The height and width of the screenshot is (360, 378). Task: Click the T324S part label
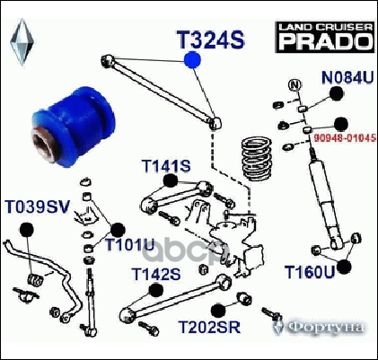coord(211,40)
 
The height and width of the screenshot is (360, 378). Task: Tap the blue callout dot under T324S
coord(192,60)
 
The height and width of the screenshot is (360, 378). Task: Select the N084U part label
coord(347,78)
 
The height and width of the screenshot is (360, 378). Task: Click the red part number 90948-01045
coord(345,137)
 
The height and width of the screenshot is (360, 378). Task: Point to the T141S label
coord(166,166)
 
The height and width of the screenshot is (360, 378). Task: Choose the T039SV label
coord(38,206)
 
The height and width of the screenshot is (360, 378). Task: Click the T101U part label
coord(130,245)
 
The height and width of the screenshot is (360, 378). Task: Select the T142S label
coord(156,274)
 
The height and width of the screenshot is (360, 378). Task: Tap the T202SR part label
coord(209,327)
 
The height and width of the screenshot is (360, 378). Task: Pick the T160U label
coord(310,272)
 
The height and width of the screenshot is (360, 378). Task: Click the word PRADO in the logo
coord(326,41)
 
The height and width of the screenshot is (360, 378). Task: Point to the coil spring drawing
coord(256,158)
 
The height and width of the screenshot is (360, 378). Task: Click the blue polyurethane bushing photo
coord(74,127)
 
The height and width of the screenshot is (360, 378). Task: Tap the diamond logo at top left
coord(22,42)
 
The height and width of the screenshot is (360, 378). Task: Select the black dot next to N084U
coord(337,93)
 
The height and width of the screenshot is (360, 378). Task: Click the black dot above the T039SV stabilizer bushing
coord(27,230)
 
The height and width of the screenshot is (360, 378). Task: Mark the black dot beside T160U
coord(344,267)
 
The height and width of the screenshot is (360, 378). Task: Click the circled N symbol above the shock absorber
coord(294,85)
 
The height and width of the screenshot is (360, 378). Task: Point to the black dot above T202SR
coord(218,311)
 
